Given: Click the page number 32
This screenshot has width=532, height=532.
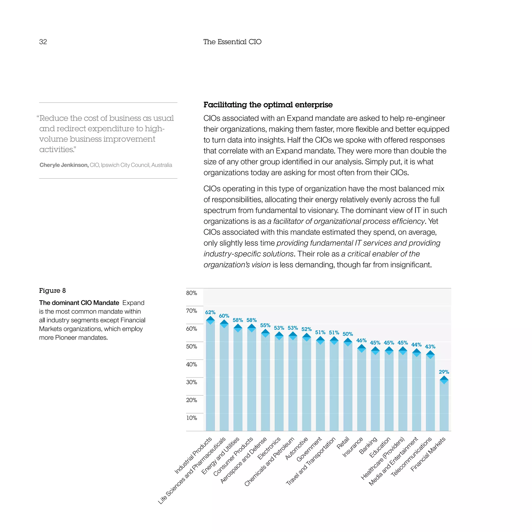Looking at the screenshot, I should [43, 42].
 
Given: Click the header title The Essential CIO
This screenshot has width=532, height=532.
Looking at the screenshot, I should [232, 42].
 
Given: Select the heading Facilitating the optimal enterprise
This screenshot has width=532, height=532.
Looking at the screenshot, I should [268, 105].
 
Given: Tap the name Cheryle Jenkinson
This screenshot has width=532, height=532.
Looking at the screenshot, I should [64, 165].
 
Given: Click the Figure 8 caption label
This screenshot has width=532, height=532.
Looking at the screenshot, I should [52, 290].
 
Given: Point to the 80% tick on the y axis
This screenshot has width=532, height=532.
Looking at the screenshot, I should [191, 293].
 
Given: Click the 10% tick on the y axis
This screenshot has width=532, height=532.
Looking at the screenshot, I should [191, 418].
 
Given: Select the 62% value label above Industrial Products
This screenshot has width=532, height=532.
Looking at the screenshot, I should [210, 312].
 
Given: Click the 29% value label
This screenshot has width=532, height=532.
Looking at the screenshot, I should [444, 372].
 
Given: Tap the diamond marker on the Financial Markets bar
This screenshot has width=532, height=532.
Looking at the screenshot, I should [444, 380].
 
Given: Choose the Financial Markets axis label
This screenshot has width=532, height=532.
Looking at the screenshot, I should [428, 454].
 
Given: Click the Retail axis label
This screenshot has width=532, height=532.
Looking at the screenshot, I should [343, 443].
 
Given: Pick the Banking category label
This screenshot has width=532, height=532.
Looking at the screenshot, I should [368, 445].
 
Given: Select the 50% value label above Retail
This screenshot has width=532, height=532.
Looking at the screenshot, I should [348, 334].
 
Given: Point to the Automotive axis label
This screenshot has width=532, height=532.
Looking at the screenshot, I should [296, 449].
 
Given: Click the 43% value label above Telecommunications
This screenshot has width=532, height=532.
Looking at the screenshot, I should [430, 347].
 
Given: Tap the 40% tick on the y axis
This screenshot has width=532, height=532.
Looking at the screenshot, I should [191, 364].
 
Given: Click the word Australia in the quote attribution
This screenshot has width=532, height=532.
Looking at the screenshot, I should [162, 165].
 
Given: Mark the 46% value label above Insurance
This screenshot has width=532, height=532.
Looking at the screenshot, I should [361, 341].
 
